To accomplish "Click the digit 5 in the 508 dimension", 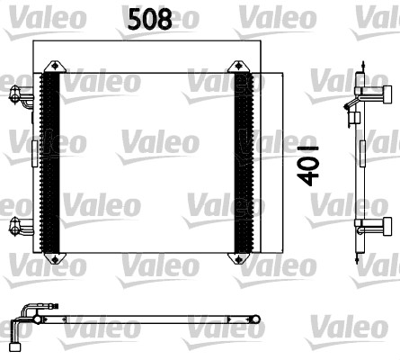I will coord(134,20).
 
